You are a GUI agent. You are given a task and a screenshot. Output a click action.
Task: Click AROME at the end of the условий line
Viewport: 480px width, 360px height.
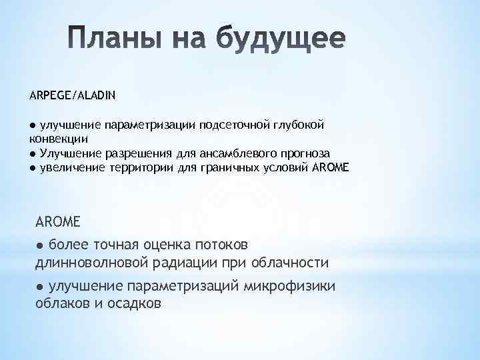click(x=330, y=167)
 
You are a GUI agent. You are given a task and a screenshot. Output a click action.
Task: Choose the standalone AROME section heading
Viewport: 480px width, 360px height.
click(x=57, y=220)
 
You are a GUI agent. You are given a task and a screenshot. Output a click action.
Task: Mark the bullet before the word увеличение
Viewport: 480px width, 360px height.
click(x=33, y=167)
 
